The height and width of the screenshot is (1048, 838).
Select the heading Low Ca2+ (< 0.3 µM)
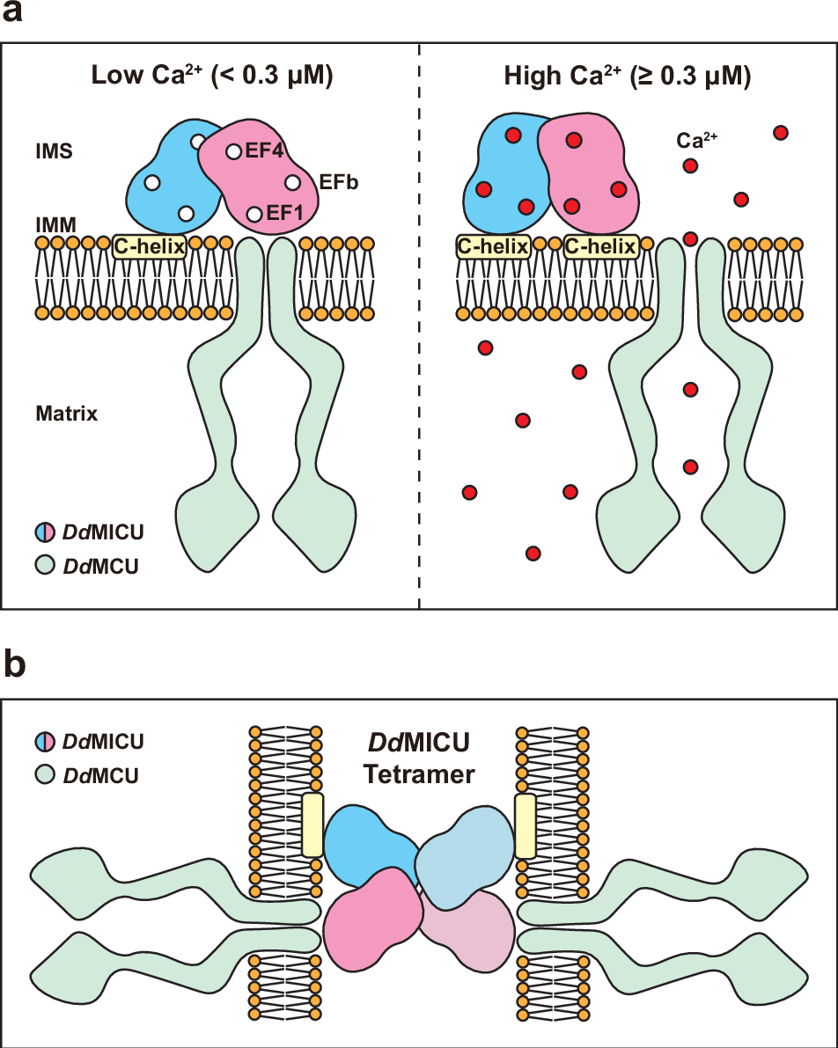pos(212,77)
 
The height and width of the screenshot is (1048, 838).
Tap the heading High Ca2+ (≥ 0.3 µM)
pos(627,77)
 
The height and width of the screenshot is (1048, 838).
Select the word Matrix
pos(67,413)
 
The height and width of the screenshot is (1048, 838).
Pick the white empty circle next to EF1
pos(254,214)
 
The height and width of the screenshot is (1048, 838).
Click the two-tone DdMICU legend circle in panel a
pos(45,532)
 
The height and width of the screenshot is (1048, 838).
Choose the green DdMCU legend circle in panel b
pos(45,776)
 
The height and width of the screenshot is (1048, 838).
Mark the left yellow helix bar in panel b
pos(312,824)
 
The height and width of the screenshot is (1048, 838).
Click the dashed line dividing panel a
pos(419,352)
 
